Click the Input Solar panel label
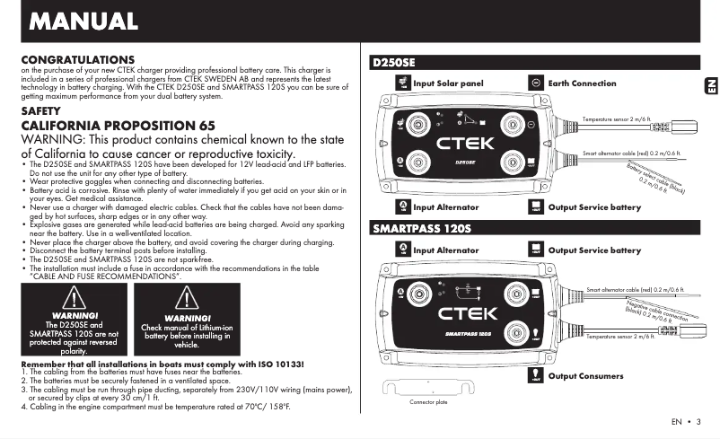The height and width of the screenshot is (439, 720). [448, 83]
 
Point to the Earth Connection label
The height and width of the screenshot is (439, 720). [582, 83]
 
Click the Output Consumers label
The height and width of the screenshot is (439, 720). [585, 376]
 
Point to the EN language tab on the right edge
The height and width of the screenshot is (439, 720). [708, 85]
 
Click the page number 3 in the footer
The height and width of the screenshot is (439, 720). [697, 422]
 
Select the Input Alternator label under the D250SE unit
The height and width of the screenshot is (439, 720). [446, 207]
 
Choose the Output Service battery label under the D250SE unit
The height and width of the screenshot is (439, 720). [594, 207]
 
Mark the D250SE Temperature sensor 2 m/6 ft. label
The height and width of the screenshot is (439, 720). [616, 119]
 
